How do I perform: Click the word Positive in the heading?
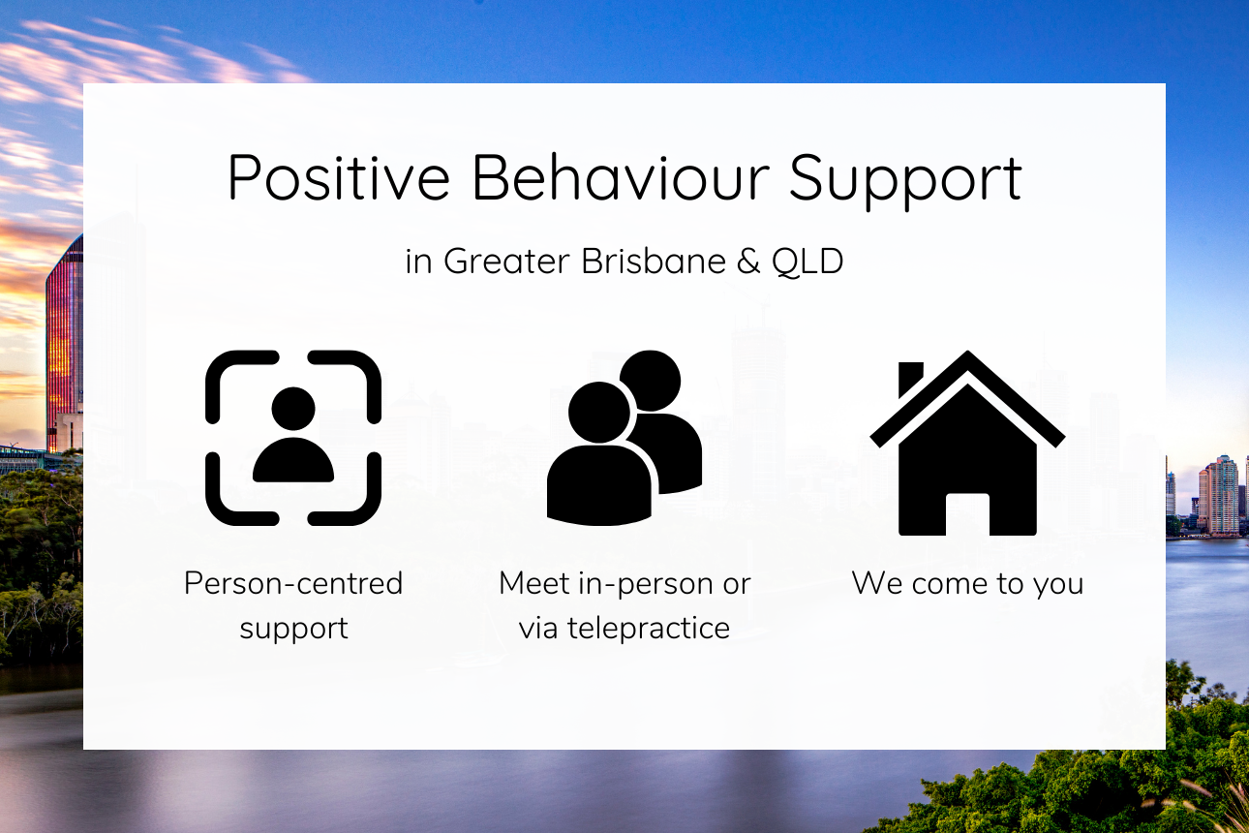coord(339,177)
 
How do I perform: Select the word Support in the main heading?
coord(905,181)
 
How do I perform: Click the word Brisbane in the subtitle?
coord(654,261)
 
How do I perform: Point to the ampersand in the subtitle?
coord(748,262)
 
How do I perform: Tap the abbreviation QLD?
coord(807,262)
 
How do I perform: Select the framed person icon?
coord(293,438)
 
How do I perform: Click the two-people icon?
coord(624,438)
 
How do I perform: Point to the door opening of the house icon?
coord(967,514)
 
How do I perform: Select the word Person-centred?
coord(293,584)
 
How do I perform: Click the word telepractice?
coord(649,629)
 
